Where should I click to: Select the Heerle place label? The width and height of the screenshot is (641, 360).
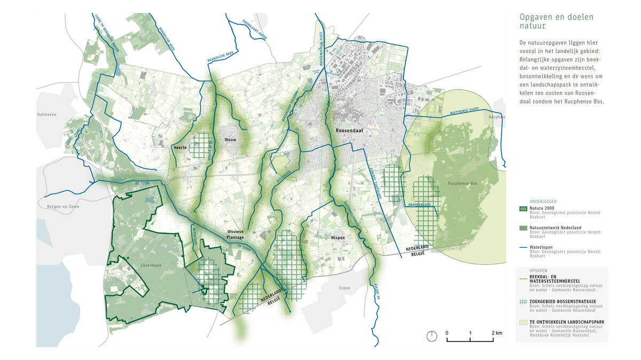tap(179, 147)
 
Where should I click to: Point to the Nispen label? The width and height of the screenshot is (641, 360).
tap(338, 237)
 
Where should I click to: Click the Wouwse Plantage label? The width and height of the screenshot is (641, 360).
tap(234, 234)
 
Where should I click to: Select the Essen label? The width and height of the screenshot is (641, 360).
tap(345, 288)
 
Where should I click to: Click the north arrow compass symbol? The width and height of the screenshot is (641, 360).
tap(432, 336)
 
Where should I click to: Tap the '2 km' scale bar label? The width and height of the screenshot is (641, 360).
tap(497, 333)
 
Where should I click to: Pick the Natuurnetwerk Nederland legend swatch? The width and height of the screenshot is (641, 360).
tap(523, 229)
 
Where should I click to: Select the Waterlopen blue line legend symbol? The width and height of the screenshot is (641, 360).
tap(523, 247)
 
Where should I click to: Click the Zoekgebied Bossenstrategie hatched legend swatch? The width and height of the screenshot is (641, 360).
tap(523, 301)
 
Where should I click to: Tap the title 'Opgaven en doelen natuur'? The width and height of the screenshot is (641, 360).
tap(556, 22)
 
